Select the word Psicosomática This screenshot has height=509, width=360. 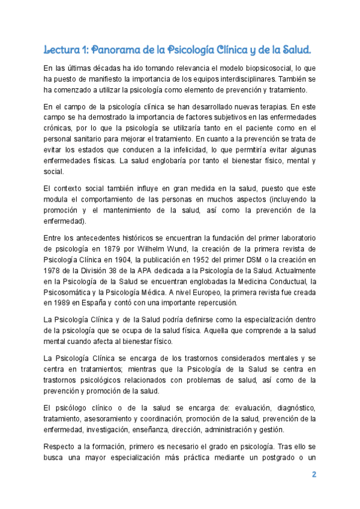(x=71, y=292)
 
